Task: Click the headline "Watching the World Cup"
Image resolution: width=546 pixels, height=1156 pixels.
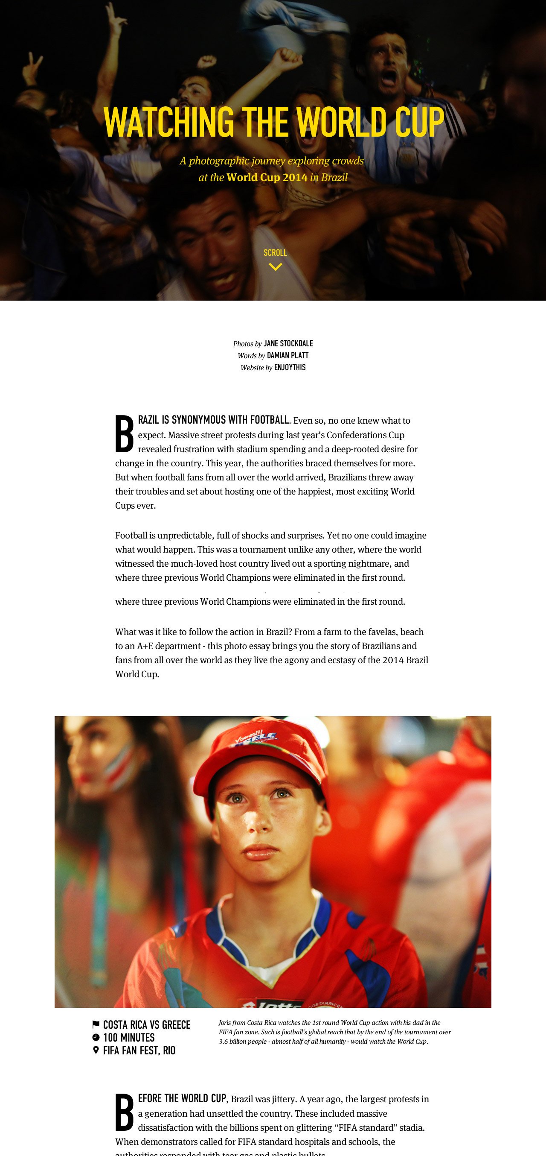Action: pos(273,122)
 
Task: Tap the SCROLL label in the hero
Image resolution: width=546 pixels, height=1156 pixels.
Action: pos(275,253)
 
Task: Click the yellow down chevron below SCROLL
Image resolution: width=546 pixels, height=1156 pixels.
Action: pos(275,267)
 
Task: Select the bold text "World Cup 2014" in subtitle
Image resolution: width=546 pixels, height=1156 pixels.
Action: pos(267,177)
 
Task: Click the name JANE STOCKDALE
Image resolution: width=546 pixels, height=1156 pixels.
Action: pos(288,344)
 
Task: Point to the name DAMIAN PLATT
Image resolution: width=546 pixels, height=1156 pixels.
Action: pos(288,355)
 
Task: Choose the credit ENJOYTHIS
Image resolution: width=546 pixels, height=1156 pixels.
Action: pos(290,368)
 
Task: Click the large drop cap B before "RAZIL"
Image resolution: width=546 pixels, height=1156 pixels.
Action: pos(124,433)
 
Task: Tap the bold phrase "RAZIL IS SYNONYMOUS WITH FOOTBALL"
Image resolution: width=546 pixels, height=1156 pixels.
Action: pos(213,420)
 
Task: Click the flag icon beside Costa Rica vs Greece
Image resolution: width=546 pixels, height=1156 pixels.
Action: pos(96,1024)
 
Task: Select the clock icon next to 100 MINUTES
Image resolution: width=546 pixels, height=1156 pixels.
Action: pos(96,1037)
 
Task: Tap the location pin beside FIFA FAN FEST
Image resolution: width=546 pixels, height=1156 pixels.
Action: pos(96,1050)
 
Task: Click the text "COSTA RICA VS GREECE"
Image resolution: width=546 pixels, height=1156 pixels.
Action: pos(147,1025)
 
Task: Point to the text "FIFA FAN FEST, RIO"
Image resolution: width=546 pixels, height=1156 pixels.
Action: pos(139,1051)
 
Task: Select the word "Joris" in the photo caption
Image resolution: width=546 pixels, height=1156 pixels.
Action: pos(225,1023)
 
